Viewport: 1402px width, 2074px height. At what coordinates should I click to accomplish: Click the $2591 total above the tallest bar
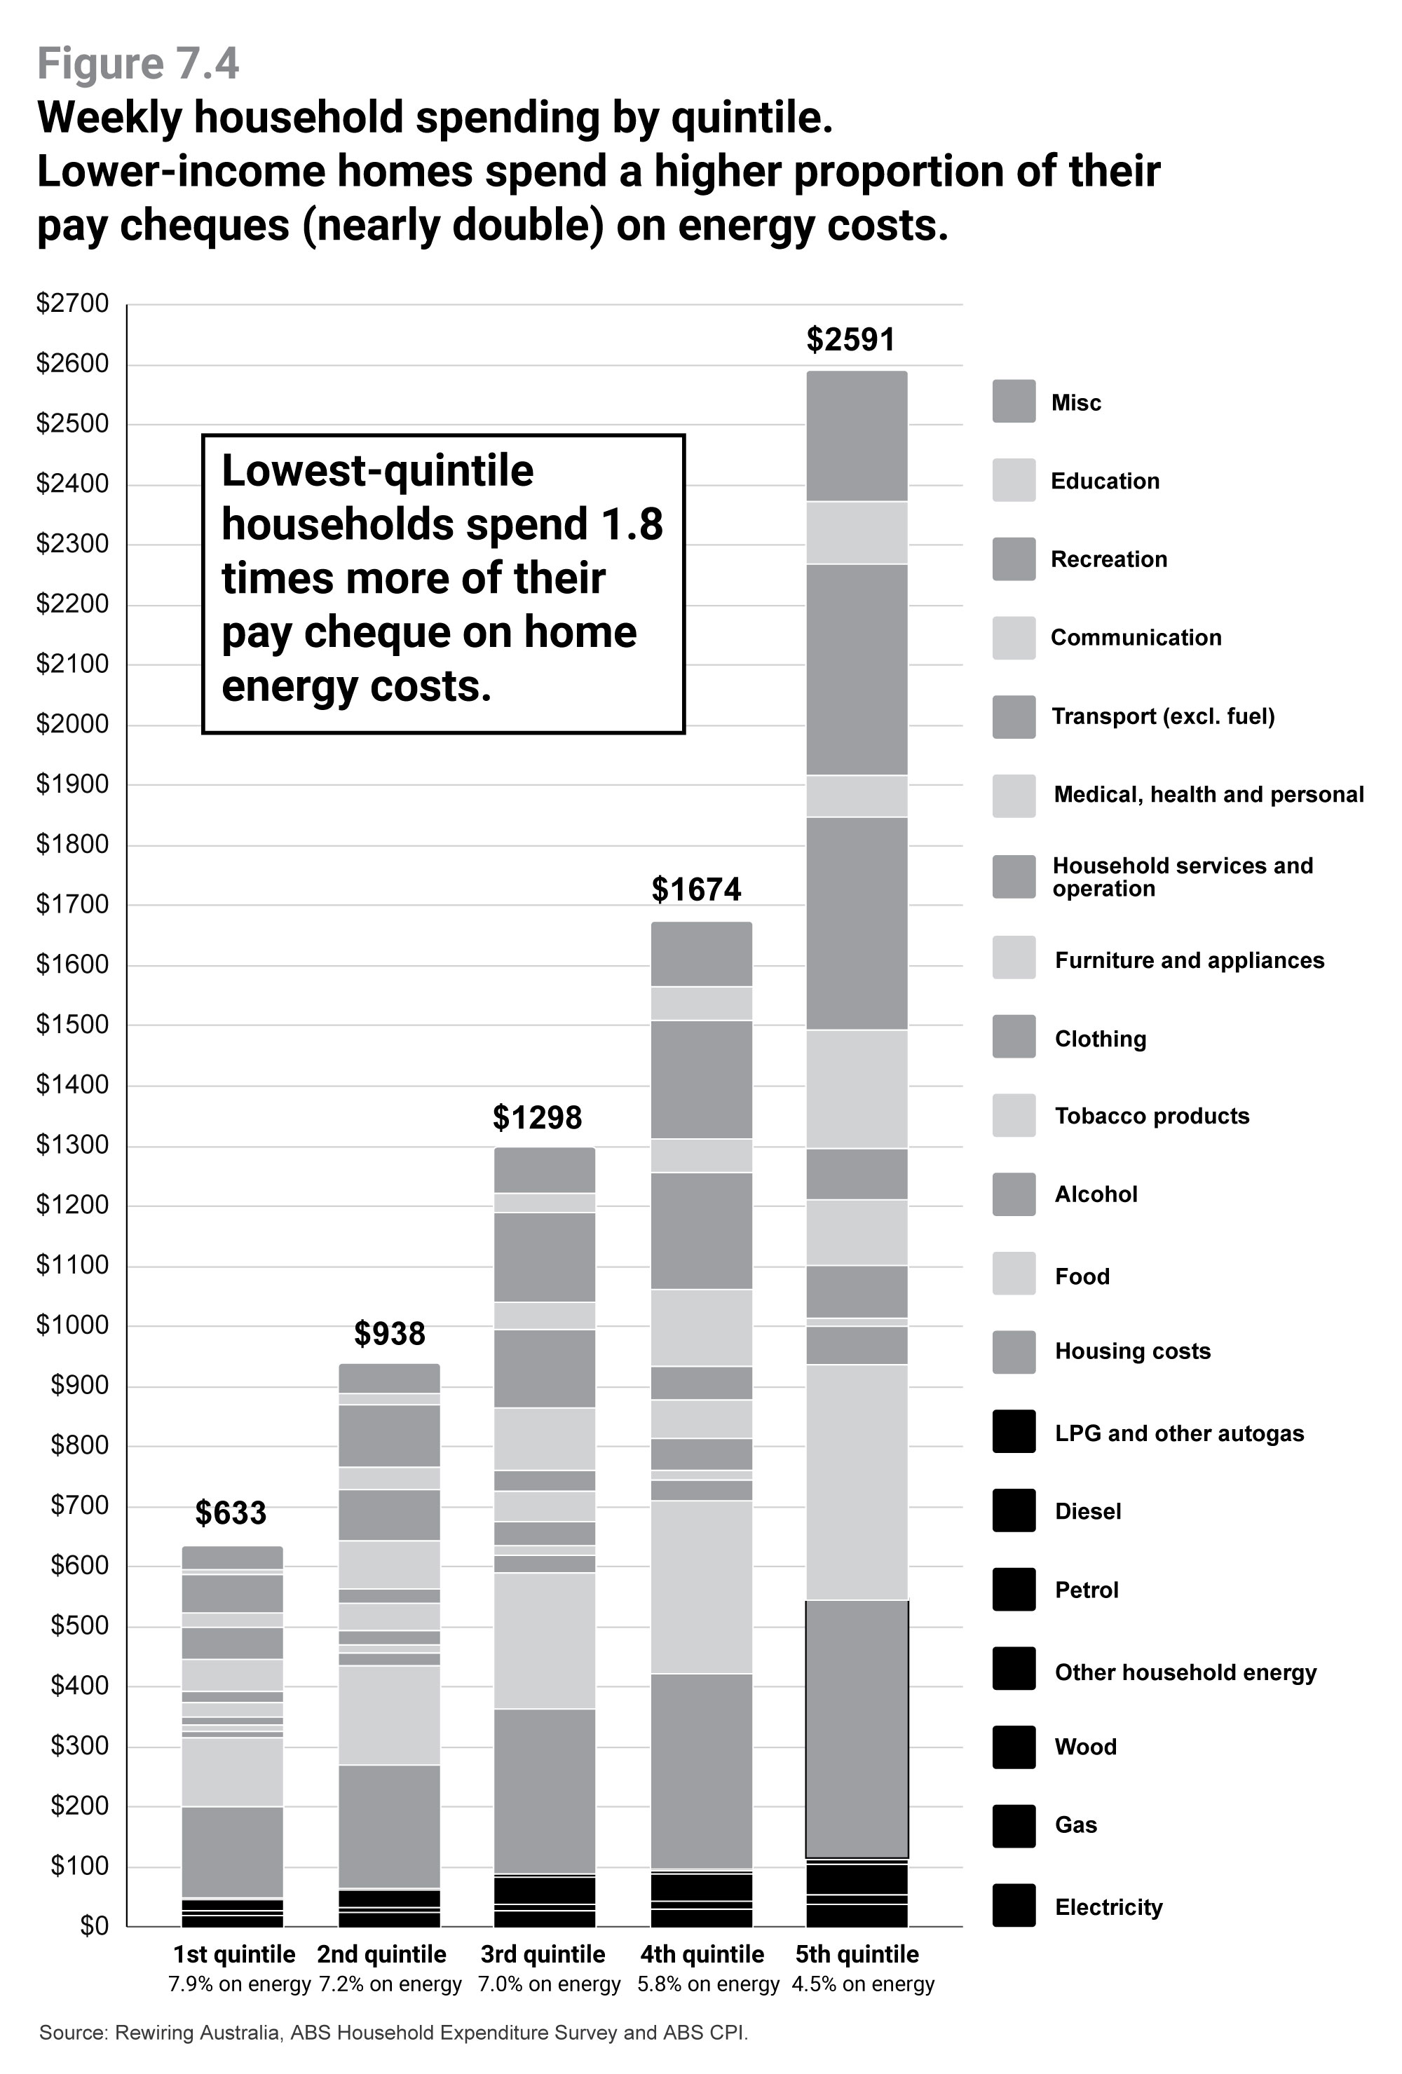850,340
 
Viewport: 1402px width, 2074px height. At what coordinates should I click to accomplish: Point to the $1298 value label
536,1117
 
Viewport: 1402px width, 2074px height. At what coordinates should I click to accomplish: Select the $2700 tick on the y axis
72,303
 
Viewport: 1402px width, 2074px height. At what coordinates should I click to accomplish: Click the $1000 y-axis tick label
72,1324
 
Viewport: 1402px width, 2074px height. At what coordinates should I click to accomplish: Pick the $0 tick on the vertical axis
94,1926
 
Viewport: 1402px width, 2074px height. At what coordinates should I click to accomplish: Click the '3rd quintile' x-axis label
543,1954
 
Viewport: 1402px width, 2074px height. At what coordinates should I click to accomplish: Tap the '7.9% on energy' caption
239,1984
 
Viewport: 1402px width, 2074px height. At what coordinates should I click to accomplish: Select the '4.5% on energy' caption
862,1984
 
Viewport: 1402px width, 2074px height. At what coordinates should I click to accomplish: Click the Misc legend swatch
1014,402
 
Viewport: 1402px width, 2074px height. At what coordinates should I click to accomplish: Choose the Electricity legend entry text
1108,1907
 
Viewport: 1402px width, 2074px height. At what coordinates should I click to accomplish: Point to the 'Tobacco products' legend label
1151,1117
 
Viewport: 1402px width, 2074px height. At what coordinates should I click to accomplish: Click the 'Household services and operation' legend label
1182,876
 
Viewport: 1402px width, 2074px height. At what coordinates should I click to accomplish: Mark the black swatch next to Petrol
1014,1590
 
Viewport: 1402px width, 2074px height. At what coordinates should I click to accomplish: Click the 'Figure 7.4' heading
138,64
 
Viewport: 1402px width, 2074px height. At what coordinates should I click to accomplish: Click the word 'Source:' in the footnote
73,2033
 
